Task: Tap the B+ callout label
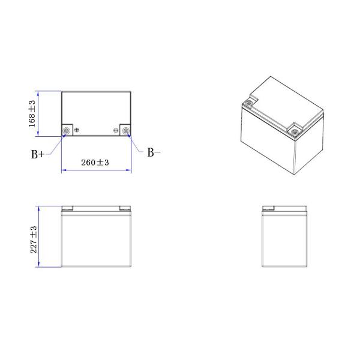(38, 154)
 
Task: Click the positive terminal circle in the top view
(67, 131)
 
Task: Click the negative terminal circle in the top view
(126, 131)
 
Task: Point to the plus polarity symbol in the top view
(76, 130)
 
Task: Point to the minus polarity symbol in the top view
(116, 130)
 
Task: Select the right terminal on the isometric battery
(295, 130)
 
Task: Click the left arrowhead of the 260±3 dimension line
(64, 170)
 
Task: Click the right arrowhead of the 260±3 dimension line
(129, 170)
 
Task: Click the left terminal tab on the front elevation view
(67, 208)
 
